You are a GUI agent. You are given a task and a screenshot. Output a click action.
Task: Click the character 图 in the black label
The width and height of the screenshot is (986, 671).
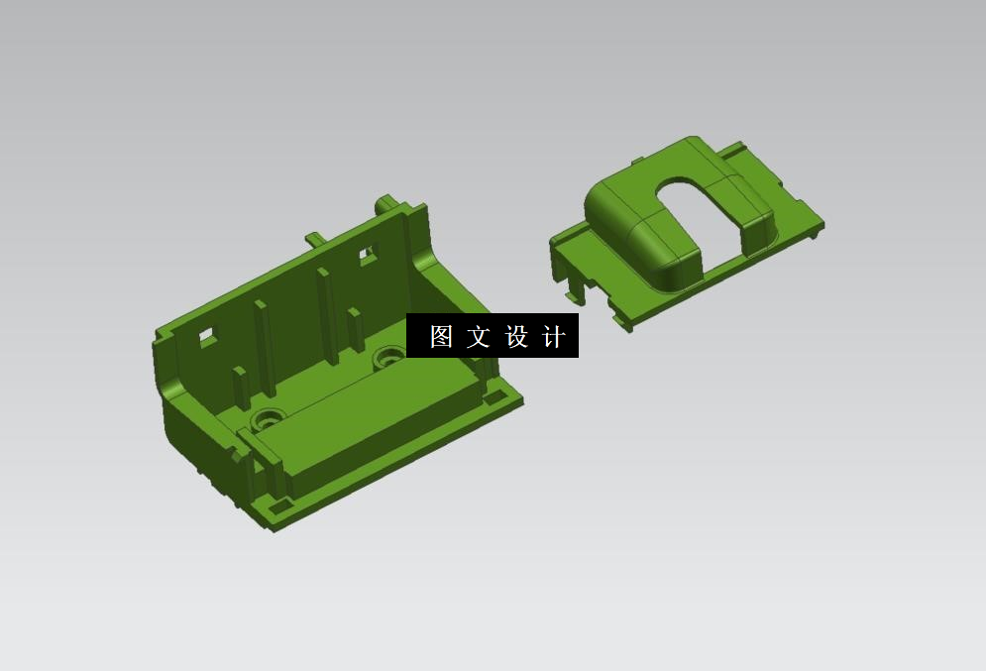441,337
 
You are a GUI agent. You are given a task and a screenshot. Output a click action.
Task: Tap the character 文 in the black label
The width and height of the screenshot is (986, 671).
479,337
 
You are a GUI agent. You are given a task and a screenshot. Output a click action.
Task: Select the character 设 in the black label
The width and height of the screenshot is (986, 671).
516,337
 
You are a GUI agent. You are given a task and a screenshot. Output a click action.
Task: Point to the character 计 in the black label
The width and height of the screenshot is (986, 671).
554,337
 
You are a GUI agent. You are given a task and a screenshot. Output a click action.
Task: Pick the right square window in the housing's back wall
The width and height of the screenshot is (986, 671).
367,254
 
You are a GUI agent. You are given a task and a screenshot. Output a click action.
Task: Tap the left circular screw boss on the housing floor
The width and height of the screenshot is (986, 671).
266,417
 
